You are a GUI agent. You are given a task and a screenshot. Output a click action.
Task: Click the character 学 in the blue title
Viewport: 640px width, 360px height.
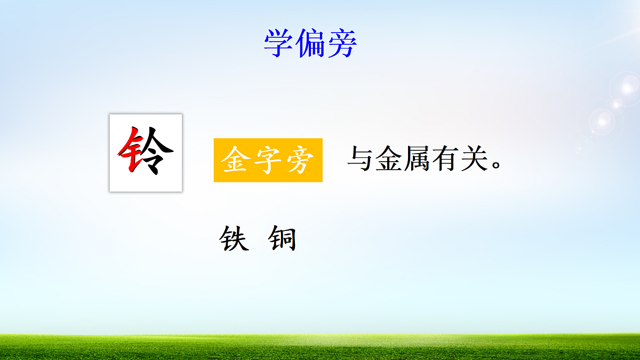pos(279,43)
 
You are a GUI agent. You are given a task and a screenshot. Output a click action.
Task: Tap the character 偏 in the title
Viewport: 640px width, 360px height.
pos(310,43)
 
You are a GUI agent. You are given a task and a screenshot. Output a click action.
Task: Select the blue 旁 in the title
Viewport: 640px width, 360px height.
pos(341,43)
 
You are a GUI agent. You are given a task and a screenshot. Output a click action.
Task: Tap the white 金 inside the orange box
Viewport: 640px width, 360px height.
pos(236,161)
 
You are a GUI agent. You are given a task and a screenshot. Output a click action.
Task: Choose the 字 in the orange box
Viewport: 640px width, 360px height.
pos(268,161)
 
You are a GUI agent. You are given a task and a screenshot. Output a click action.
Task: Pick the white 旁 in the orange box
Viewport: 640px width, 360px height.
pos(298,161)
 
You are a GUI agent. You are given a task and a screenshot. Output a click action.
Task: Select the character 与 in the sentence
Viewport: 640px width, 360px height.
pos(361,158)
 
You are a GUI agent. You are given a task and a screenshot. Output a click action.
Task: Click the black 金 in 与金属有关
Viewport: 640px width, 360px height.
pos(389,158)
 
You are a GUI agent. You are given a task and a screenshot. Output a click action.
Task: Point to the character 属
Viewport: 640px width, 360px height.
pos(418,158)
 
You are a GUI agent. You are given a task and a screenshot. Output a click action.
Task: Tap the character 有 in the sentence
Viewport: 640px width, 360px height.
pos(446,158)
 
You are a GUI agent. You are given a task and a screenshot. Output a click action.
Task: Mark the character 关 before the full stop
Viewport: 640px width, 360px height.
pos(474,158)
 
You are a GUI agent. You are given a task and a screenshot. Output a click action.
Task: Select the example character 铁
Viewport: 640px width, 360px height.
pos(234,239)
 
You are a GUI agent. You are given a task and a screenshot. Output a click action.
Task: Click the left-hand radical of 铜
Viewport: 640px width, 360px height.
pos(274,240)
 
